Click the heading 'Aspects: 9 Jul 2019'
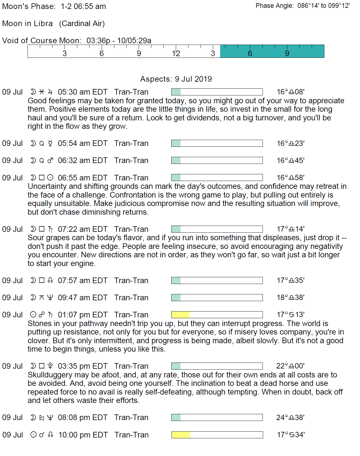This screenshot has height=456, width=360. pyautogui.click(x=176, y=79)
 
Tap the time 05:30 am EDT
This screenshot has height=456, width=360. pyautogui.click(x=83, y=92)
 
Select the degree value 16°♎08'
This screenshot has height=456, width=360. pyautogui.click(x=290, y=92)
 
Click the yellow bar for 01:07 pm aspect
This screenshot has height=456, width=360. pyautogui.click(x=181, y=315)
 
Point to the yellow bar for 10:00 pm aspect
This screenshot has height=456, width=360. pyautogui.click(x=181, y=435)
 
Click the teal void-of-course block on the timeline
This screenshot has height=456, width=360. pyautogui.click(x=272, y=51)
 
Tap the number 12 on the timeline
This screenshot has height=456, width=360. pyautogui.click(x=176, y=53)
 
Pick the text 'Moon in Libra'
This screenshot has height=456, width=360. pyautogui.click(x=28, y=24)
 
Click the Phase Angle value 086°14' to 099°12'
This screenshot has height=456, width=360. pyautogui.click(x=323, y=6)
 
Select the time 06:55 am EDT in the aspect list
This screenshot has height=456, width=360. pyautogui.click(x=83, y=178)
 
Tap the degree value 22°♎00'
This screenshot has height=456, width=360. pyautogui.click(x=290, y=366)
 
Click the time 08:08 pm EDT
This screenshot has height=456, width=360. pyautogui.click(x=83, y=418)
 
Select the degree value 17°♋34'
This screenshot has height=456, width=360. pyautogui.click(x=291, y=435)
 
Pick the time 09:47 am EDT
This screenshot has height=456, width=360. pyautogui.click(x=83, y=297)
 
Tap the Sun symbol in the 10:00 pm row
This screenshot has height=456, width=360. pyautogui.click(x=33, y=435)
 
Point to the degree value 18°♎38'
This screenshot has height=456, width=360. pyautogui.click(x=290, y=297)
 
